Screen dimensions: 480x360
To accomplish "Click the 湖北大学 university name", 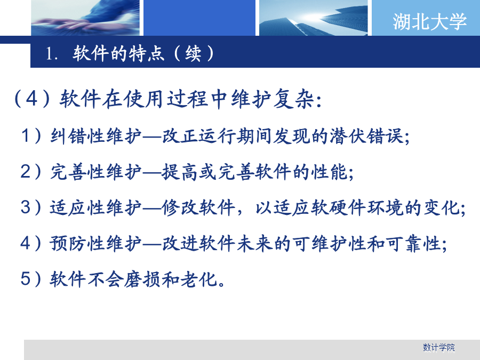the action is (429, 21).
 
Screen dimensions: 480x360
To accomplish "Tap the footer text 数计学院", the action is (439, 347).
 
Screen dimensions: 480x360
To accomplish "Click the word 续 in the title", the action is (194, 53).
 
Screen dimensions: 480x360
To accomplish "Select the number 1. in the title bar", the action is (51, 54).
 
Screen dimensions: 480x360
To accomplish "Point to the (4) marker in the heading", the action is (32, 99).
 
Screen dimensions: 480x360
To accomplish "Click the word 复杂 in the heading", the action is (293, 99).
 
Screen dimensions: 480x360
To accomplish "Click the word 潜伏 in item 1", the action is (349, 136).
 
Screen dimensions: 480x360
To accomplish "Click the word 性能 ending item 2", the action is (330, 172).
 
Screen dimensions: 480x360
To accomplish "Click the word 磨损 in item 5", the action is (143, 279).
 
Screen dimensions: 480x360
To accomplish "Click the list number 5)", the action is (30, 279).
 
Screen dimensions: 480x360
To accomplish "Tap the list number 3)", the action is (30, 207).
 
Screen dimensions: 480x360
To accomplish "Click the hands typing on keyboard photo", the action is (85, 18).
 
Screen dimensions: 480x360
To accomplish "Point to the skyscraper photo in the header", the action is (313, 18).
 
